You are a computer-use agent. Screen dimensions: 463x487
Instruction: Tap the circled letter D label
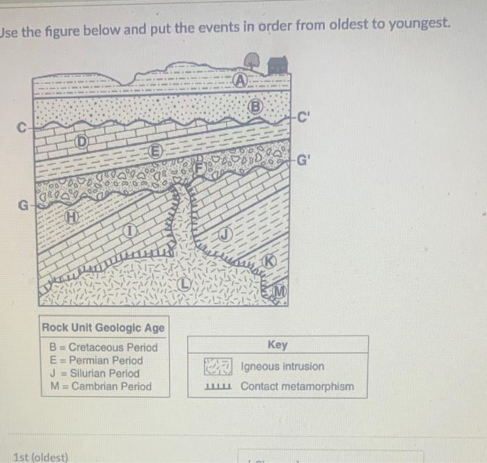pos(81,143)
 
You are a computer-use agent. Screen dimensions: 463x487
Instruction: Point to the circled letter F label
pos(201,168)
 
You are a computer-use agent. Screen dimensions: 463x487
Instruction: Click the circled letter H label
pos(71,218)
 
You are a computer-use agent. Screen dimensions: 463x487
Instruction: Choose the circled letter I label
pos(129,230)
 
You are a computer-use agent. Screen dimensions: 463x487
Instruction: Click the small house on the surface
pos(278,65)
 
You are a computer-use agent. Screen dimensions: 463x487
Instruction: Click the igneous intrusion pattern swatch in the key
pos(217,366)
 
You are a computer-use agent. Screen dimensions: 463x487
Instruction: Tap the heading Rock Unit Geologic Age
pos(104,328)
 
